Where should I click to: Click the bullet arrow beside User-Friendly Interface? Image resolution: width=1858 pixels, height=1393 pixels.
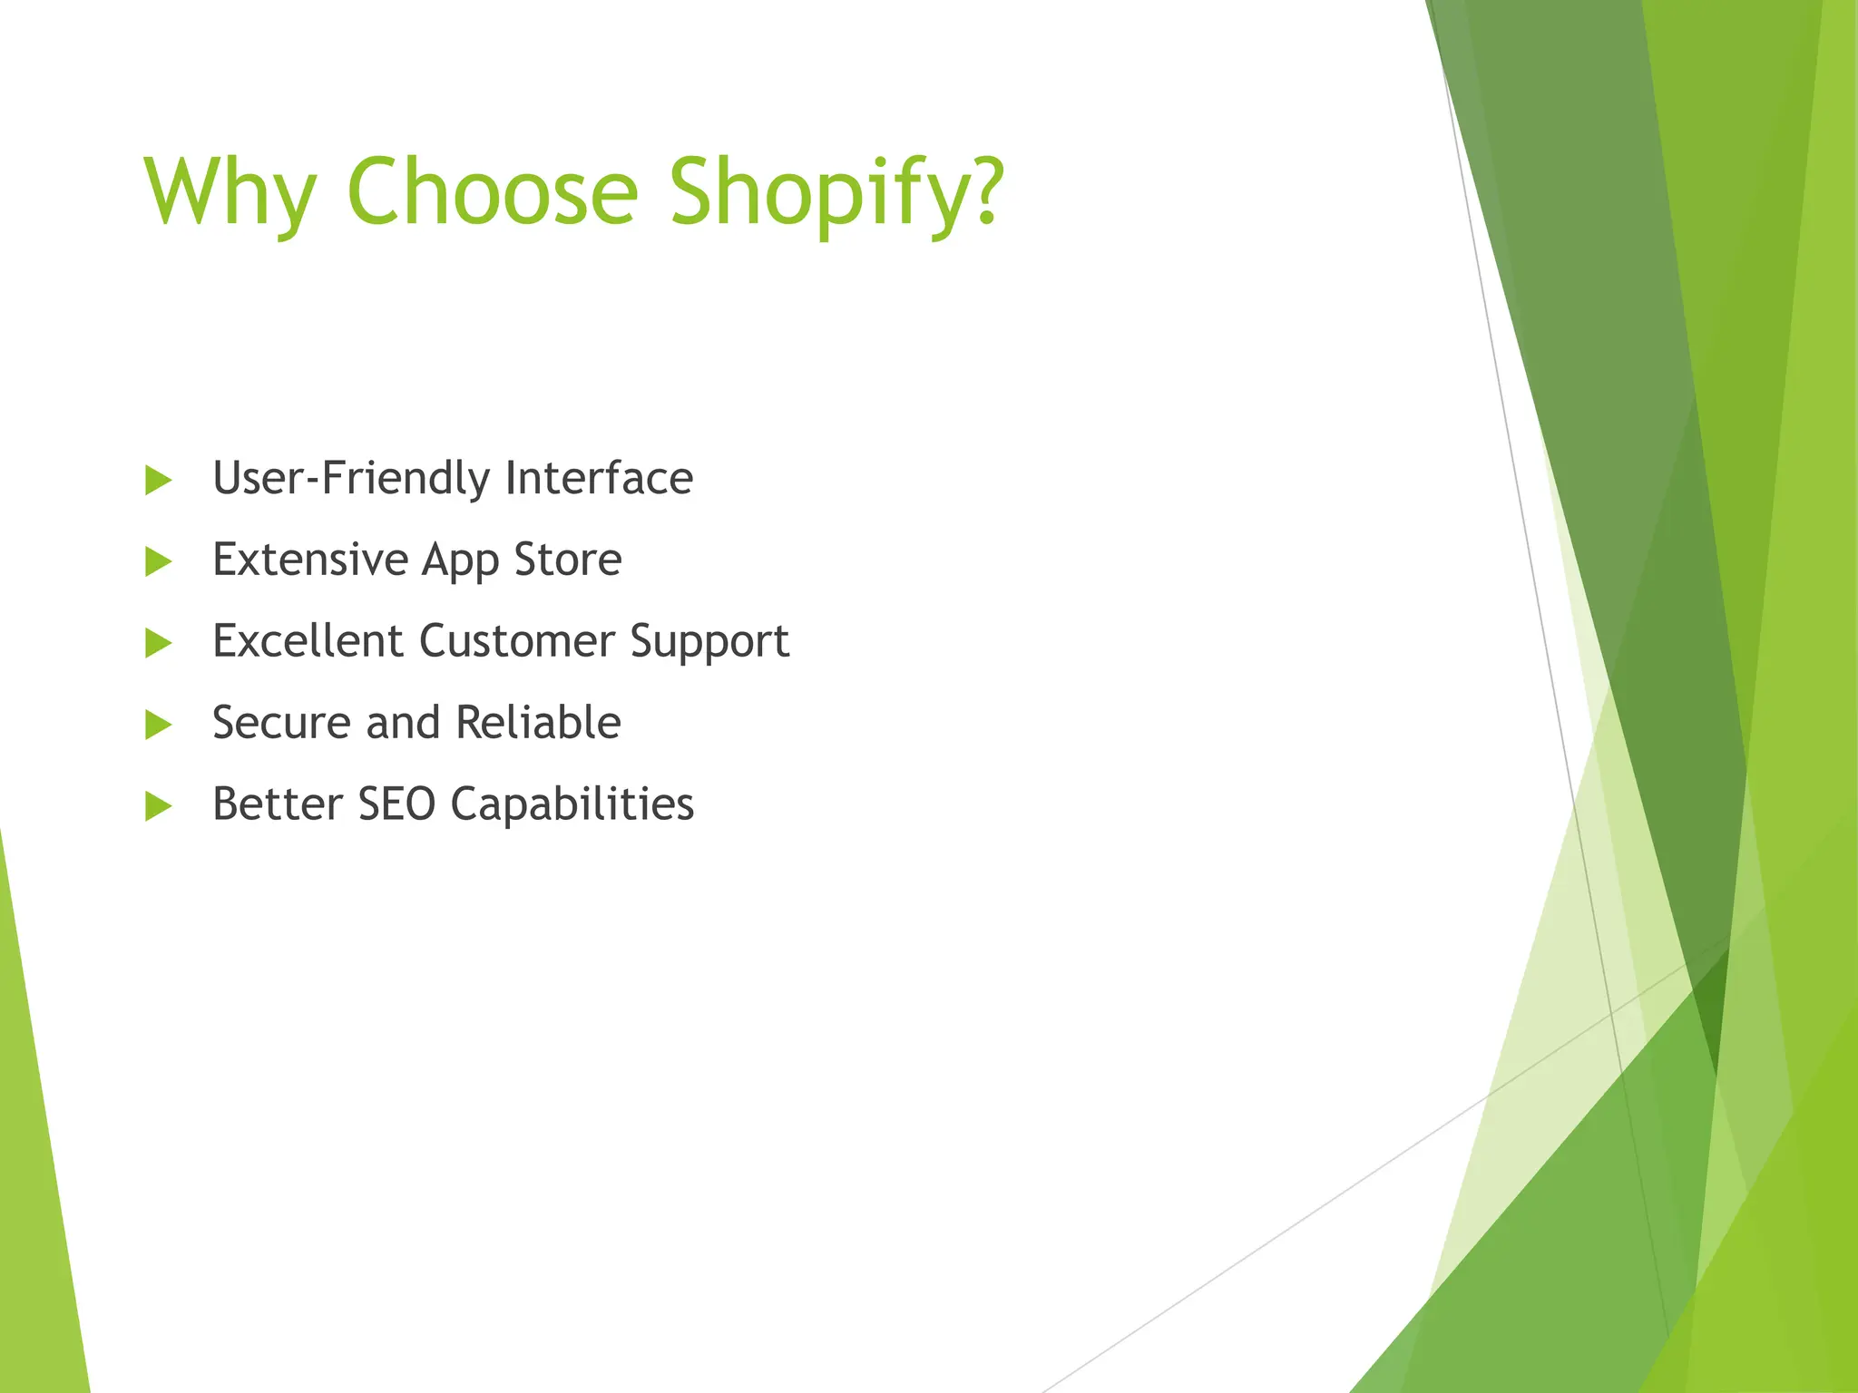pos(158,480)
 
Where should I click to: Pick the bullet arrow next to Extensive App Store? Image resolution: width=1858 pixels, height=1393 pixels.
pos(158,561)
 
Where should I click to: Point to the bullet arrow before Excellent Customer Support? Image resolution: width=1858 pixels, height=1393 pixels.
pos(158,643)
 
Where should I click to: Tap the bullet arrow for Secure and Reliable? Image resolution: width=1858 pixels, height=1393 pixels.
pos(158,725)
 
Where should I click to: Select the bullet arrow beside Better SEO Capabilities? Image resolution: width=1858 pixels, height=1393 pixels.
pos(158,805)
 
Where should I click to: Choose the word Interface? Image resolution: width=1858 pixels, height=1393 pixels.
pos(599,478)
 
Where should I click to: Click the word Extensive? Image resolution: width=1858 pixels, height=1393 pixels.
pos(310,560)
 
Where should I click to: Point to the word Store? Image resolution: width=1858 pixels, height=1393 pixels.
pos(568,560)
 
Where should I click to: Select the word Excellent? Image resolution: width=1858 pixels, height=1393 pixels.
pos(308,641)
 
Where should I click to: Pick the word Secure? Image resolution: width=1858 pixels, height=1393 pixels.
pos(281,723)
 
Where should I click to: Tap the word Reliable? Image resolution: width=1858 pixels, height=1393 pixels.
pos(538,723)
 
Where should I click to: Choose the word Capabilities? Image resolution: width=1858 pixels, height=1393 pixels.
pos(572,805)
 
